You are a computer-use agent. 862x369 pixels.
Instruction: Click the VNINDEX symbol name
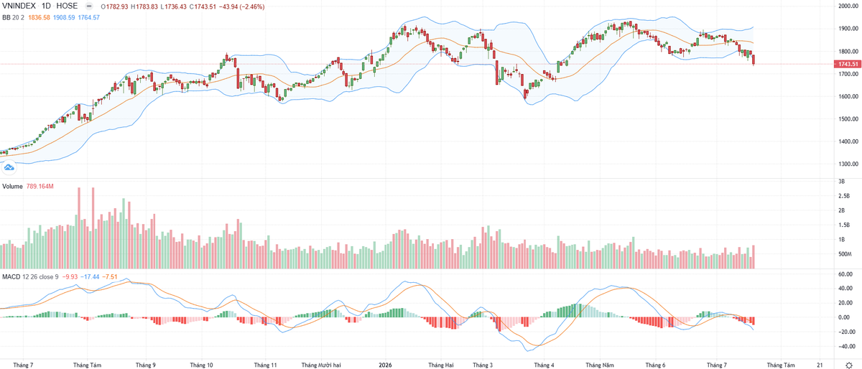[x=19, y=6]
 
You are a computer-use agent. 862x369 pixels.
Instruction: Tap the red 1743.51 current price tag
[x=848, y=64]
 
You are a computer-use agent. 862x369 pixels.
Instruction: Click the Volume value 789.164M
[x=40, y=187]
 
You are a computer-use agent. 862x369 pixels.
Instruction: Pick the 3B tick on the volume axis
[x=842, y=181]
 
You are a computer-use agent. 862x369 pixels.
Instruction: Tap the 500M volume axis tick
[x=844, y=254]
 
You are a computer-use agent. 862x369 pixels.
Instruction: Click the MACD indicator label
[x=11, y=277]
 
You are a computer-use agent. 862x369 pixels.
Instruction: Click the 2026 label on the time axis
[x=385, y=365]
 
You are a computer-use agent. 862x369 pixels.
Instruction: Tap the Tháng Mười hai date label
[x=321, y=365]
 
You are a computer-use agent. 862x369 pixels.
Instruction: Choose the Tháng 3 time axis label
[x=483, y=365]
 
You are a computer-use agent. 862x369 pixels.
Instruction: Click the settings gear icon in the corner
[x=849, y=365]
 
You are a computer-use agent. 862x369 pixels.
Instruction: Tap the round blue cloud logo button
[x=9, y=167]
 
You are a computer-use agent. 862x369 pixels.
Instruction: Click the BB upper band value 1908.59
[x=64, y=18]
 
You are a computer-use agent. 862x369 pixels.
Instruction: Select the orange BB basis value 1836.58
[x=40, y=18]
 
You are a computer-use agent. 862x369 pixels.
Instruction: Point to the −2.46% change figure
[x=252, y=7]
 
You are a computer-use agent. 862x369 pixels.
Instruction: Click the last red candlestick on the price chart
[x=753, y=60]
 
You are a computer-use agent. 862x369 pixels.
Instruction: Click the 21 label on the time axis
[x=820, y=365]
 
